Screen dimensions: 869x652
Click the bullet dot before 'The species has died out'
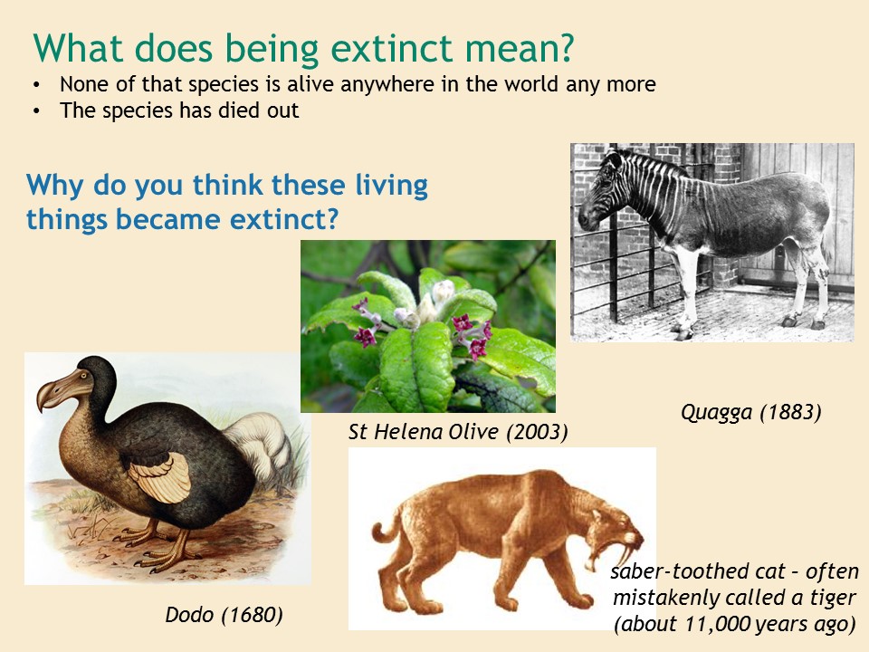[36, 110]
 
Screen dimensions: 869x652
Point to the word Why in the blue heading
[54, 186]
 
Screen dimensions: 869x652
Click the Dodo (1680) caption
[224, 615]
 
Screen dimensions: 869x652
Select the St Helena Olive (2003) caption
[458, 432]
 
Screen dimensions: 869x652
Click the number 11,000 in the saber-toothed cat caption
[718, 624]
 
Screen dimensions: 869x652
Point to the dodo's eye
[84, 375]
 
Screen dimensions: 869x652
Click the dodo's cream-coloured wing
[161, 476]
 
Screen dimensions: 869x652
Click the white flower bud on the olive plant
[444, 291]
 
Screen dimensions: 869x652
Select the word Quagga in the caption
[717, 413]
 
